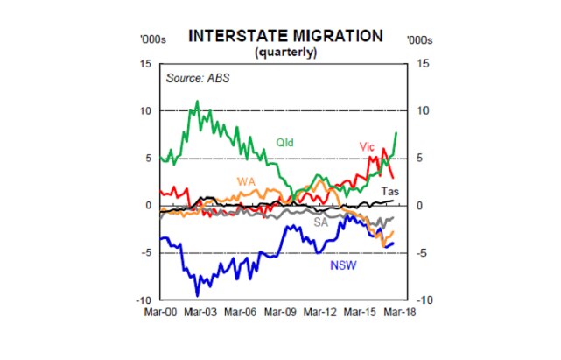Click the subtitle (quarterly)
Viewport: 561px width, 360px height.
coord(284,52)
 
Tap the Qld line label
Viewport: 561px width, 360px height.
coord(285,141)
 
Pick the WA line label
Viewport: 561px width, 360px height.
coord(248,180)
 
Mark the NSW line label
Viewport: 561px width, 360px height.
coord(342,264)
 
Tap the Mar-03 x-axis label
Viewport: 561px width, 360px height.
coord(200,312)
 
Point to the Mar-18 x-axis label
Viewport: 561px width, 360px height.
coord(400,312)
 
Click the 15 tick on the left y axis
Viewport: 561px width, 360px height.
coord(145,64)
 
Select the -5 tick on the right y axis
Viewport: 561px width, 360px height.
coord(421,253)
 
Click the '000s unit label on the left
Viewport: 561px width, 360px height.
coord(151,39)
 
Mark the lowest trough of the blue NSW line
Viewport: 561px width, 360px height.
coord(197,294)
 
